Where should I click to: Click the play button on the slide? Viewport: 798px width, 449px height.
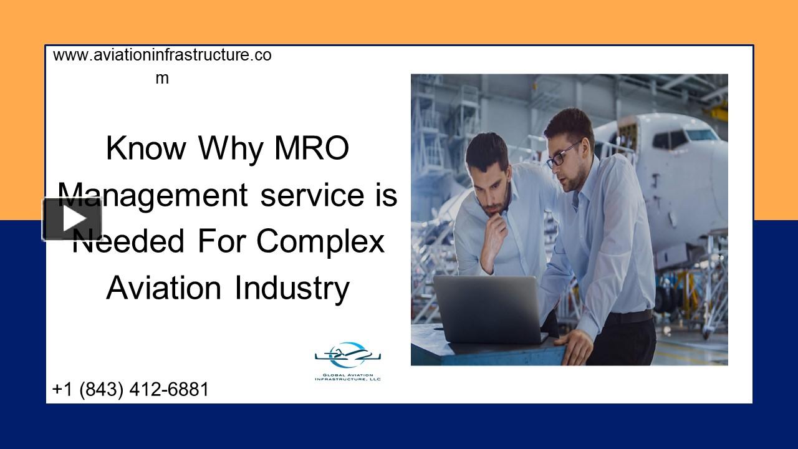72,219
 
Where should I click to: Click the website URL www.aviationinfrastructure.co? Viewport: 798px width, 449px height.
162,56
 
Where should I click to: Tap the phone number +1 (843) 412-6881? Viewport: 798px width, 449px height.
130,390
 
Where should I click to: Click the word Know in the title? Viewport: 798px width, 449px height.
146,148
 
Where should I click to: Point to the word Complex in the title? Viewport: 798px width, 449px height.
320,241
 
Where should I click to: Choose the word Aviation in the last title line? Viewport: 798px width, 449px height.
163,288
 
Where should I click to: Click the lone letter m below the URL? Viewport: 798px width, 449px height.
162,79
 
